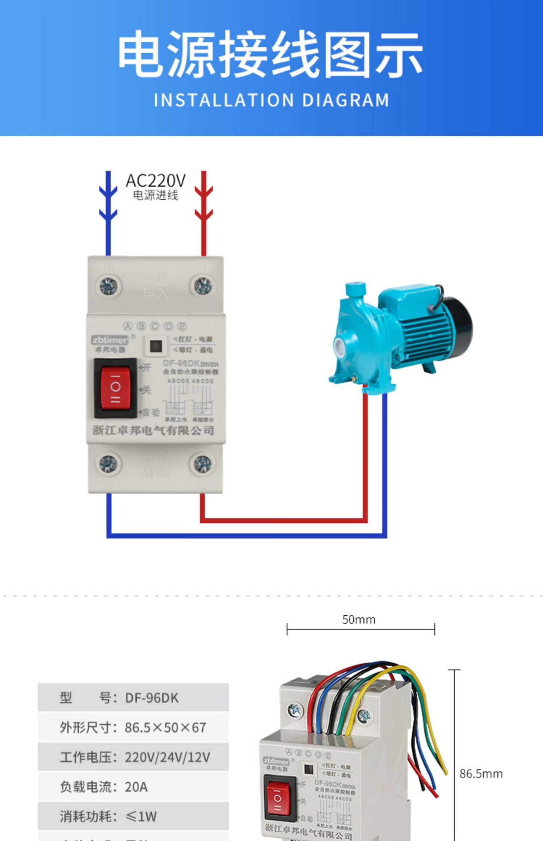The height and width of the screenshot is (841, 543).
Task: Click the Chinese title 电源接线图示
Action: [x=271, y=54]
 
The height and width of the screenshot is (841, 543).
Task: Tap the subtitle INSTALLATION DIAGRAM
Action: [x=271, y=100]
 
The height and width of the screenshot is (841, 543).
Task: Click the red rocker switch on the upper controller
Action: [x=115, y=388]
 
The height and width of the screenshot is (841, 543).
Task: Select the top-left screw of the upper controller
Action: [x=109, y=286]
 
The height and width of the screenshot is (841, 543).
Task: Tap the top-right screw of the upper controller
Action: [x=203, y=286]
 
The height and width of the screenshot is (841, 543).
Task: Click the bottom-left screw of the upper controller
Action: [x=109, y=464]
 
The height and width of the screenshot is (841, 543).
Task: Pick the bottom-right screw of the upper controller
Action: [x=203, y=464]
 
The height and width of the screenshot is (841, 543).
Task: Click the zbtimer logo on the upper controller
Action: [x=110, y=340]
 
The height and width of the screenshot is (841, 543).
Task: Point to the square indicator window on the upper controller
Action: [x=156, y=346]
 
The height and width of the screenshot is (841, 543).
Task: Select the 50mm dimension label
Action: [x=359, y=620]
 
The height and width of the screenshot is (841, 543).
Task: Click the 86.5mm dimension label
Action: [x=481, y=774]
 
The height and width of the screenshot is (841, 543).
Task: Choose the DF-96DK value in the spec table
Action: [x=152, y=698]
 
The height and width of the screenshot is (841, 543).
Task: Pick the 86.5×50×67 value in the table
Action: [x=165, y=727]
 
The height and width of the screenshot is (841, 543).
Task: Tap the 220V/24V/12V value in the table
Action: [x=167, y=757]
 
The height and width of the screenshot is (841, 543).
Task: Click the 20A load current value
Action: [x=136, y=787]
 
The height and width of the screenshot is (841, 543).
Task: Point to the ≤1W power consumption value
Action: [x=141, y=816]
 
